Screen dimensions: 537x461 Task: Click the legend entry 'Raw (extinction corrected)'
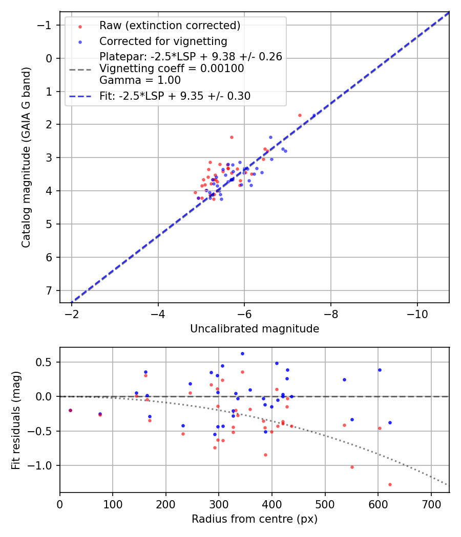(x=170, y=26)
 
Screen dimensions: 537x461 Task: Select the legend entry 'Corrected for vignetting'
(x=163, y=41)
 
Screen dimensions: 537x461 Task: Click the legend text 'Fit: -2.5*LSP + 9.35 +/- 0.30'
(x=175, y=96)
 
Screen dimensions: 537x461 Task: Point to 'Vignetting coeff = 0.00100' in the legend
(x=172, y=69)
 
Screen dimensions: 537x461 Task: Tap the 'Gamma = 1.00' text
(x=140, y=80)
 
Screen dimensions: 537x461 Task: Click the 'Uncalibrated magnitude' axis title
(x=255, y=329)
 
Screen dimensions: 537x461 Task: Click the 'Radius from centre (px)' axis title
(x=255, y=519)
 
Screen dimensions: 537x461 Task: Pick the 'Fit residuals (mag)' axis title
(x=16, y=419)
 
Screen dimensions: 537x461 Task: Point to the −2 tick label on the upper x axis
(x=72, y=313)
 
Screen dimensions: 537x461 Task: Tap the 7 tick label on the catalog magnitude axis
(x=50, y=290)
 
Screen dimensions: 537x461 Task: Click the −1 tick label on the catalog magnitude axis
(x=47, y=25)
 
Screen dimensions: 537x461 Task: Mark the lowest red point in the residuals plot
(x=390, y=484)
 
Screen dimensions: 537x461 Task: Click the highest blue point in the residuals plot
(x=242, y=353)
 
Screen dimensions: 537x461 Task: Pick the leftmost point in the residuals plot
(x=70, y=410)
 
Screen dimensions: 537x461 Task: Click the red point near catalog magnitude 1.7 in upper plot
(x=300, y=115)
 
